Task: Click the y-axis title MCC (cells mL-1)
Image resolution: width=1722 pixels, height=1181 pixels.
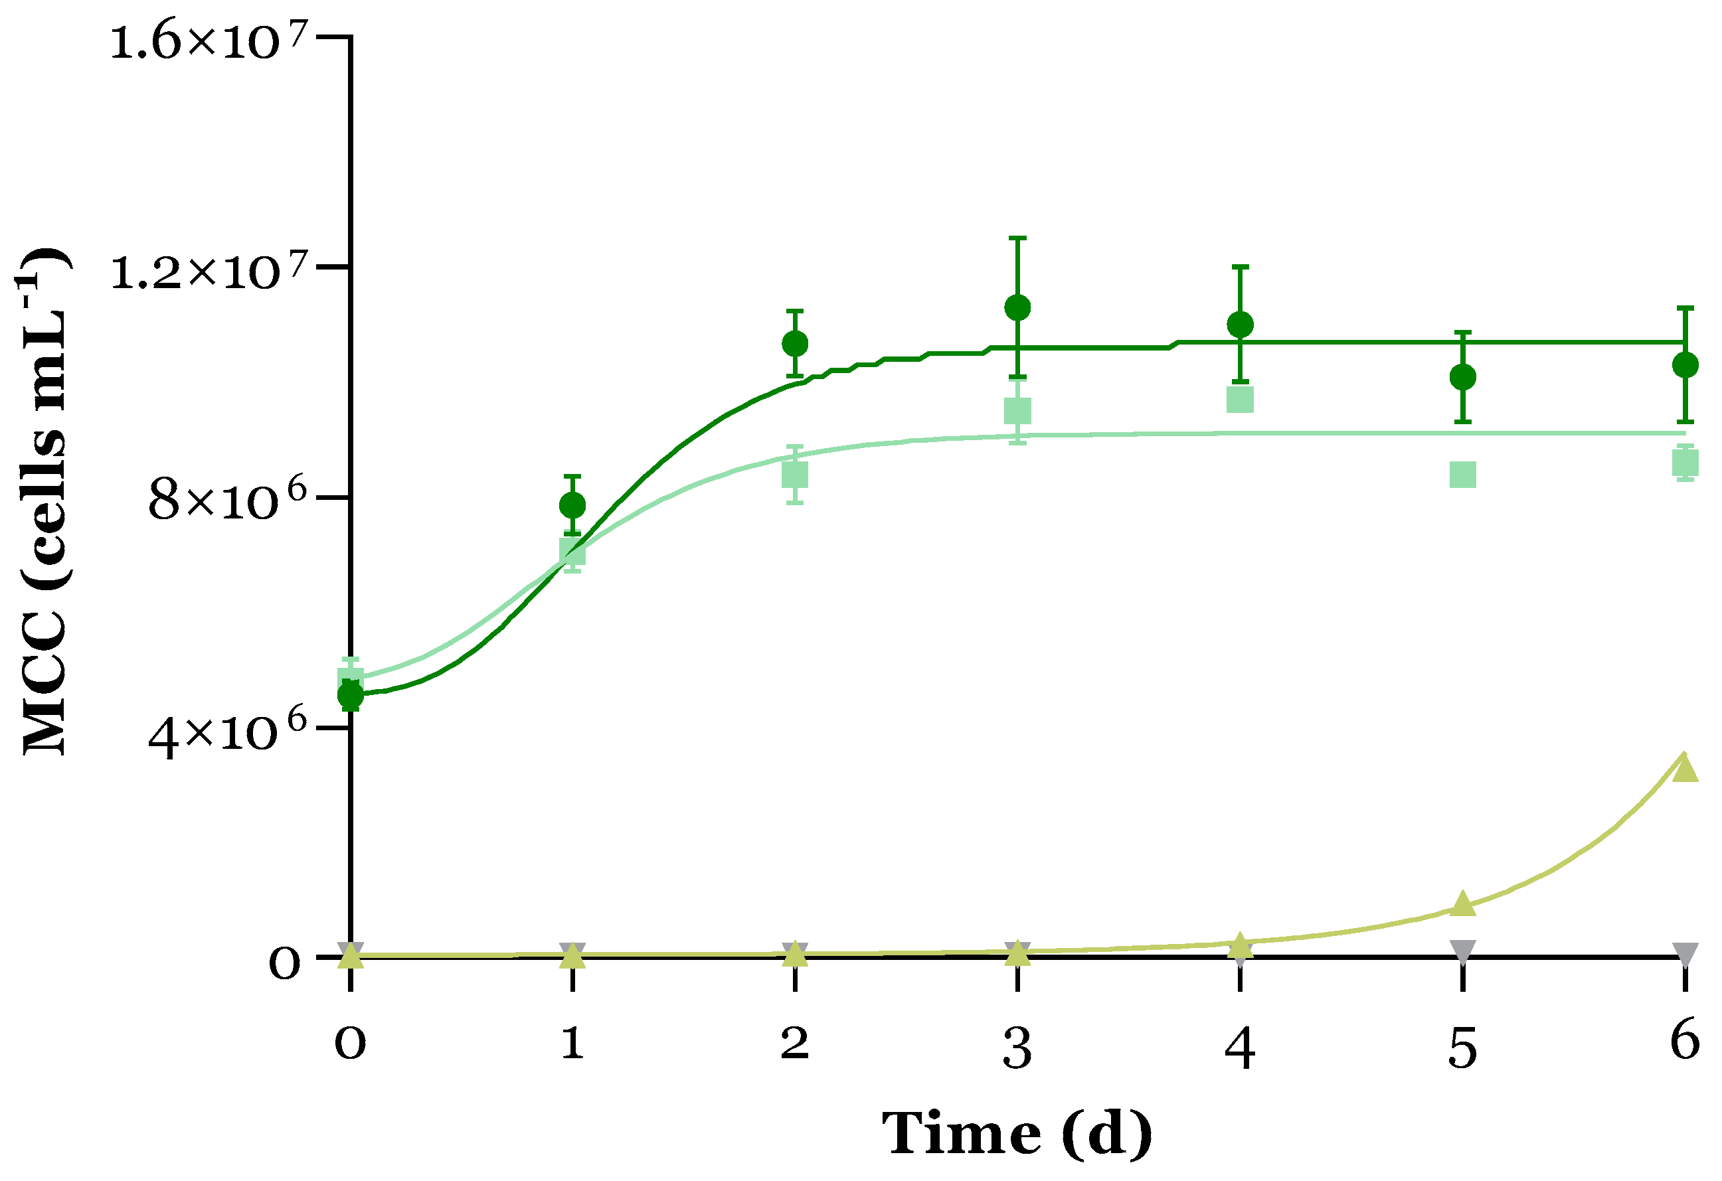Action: (x=44, y=502)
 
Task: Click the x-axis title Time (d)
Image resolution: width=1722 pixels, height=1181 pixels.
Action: (x=1017, y=1135)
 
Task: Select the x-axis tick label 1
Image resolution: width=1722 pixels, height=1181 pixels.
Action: (x=571, y=1043)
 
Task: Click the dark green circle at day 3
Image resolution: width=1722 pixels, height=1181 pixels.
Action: (x=1017, y=307)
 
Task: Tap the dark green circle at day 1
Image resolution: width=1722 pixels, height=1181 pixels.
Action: (x=572, y=506)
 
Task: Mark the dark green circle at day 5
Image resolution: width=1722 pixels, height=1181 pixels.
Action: (x=1462, y=377)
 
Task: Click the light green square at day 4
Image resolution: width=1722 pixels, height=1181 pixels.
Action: (x=1241, y=400)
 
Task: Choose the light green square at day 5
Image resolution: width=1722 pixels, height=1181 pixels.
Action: (x=1462, y=474)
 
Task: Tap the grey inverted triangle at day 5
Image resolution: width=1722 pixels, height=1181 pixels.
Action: (x=1462, y=950)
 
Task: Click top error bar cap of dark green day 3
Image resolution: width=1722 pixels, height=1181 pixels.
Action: (x=1017, y=238)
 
